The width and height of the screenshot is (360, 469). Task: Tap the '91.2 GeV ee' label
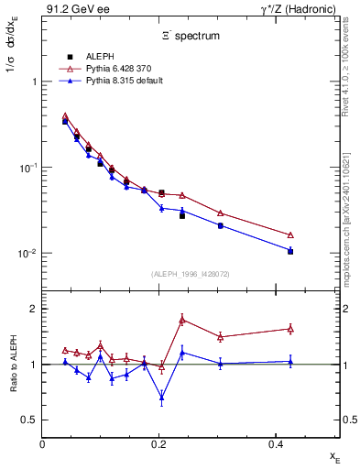[x=71, y=9]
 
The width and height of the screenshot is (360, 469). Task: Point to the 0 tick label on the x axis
[x=43, y=443]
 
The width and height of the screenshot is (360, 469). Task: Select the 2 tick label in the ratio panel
[x=34, y=309]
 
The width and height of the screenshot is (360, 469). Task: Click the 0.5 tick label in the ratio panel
[x=30, y=420]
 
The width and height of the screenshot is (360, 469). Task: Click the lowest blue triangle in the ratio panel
[x=162, y=397]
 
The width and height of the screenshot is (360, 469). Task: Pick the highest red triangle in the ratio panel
[x=182, y=320]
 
